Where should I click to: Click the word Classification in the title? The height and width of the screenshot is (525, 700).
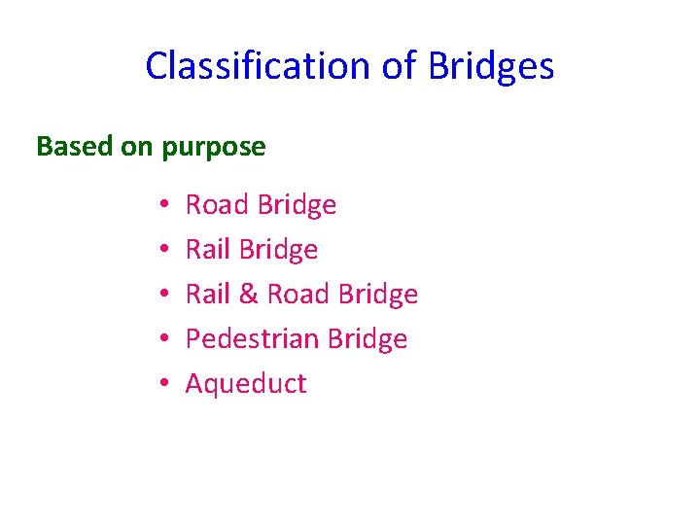[254, 67]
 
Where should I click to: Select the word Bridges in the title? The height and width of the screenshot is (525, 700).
[491, 67]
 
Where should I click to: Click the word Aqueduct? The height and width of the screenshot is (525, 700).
[246, 384]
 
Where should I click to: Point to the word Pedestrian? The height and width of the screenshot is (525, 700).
[253, 339]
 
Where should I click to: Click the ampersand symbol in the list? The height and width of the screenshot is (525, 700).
[249, 295]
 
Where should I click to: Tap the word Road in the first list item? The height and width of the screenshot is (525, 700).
[219, 205]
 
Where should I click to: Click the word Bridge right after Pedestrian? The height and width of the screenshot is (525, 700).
[367, 339]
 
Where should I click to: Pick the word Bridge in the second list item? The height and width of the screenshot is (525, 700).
[278, 250]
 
